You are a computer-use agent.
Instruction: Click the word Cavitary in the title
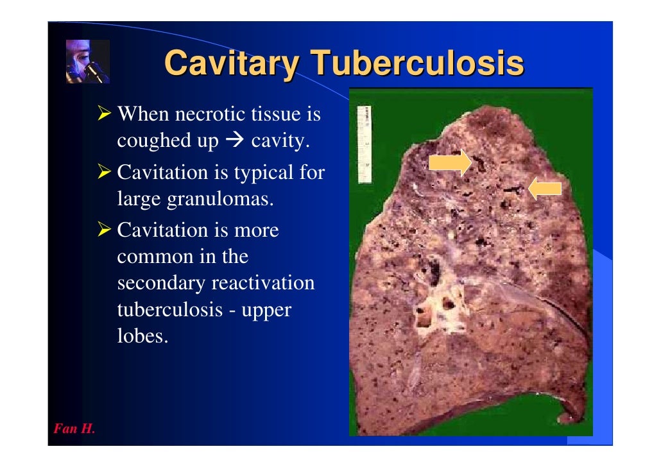[x=232, y=65]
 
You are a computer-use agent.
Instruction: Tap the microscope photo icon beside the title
[x=88, y=62]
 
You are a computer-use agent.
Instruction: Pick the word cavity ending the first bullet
[x=280, y=140]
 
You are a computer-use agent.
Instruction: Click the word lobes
[x=142, y=336]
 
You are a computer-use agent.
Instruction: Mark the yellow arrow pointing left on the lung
[x=545, y=189]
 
